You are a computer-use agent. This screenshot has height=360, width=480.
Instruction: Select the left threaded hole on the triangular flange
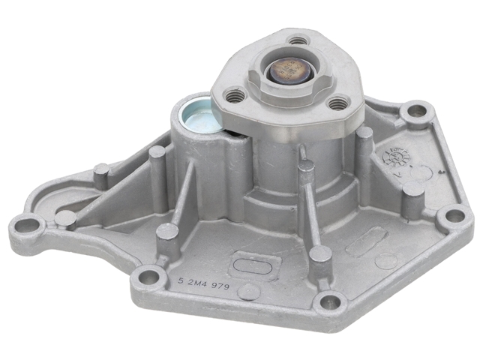(x=235, y=96)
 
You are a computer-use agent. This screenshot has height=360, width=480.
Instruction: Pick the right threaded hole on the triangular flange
(x=338, y=103)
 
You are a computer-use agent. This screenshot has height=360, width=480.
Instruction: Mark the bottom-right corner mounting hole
(x=327, y=303)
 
